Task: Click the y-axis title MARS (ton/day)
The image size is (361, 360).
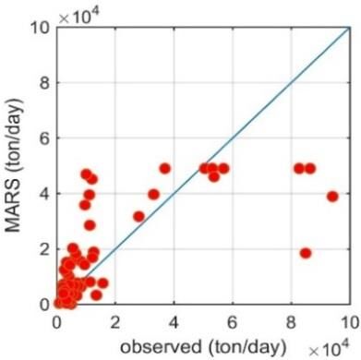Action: click(14, 165)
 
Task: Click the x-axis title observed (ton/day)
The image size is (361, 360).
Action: click(203, 347)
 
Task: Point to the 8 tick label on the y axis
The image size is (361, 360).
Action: click(45, 83)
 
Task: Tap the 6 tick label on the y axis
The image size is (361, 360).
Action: click(45, 138)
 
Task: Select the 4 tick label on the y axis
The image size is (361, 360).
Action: click(45, 194)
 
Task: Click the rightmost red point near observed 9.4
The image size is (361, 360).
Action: click(332, 197)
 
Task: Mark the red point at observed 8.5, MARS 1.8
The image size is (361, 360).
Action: click(306, 253)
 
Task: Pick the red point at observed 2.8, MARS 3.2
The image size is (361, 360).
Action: click(139, 216)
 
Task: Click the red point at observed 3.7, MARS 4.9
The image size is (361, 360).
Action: click(165, 169)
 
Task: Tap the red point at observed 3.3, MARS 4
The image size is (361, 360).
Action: click(153, 195)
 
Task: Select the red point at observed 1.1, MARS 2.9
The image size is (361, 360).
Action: click(90, 225)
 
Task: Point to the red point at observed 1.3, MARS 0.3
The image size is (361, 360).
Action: click(96, 295)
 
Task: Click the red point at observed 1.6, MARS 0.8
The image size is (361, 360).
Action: click(102, 283)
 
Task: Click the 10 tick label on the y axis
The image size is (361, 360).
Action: click(40, 29)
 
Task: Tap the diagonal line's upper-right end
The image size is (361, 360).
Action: click(350, 28)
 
